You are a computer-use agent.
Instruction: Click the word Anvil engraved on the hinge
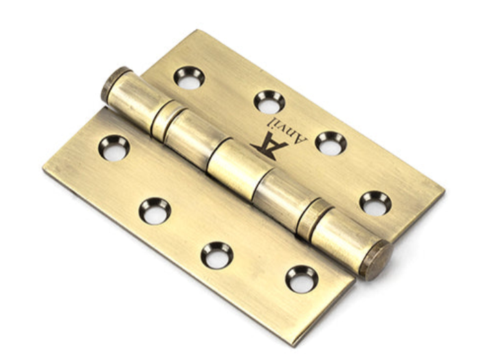pos(287,131)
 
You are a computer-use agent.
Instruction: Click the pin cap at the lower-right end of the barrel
pos(375,261)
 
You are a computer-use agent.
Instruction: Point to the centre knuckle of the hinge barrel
pos(240,169)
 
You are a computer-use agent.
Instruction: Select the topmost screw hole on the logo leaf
pos(189,77)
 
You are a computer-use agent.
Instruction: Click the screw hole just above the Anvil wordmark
pos(269,102)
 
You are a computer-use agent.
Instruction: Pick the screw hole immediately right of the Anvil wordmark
pos(331,143)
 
